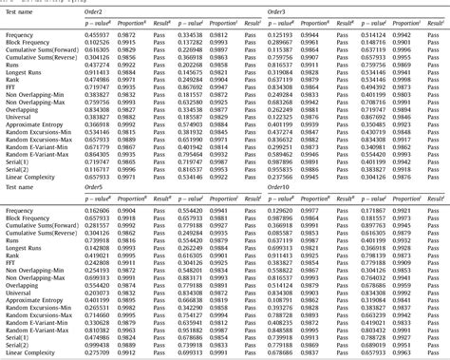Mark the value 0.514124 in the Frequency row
pyautogui.click(x=369, y=34)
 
